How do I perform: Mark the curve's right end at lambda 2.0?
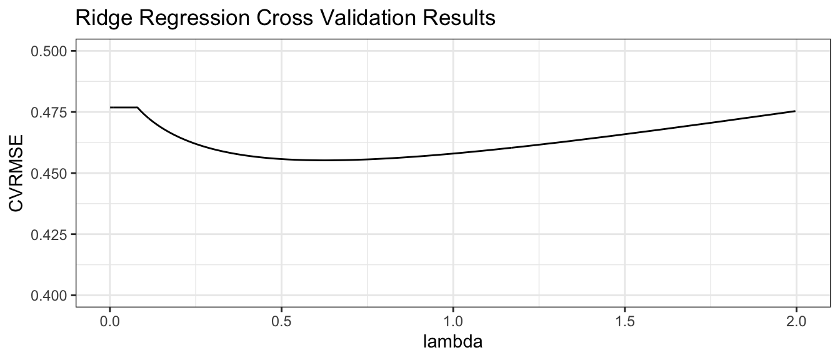(x=795, y=111)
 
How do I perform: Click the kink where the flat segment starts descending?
(x=137, y=107)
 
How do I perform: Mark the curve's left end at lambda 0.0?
(x=110, y=107)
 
